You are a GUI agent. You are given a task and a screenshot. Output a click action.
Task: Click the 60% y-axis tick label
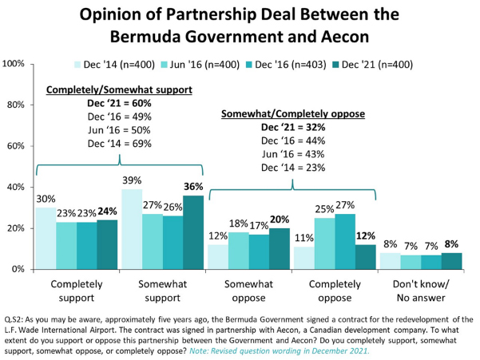tap(18, 146)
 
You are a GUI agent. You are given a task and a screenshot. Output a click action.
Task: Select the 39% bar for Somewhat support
tap(131, 229)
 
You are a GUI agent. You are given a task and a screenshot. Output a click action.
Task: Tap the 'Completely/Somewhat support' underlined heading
tap(118, 90)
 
